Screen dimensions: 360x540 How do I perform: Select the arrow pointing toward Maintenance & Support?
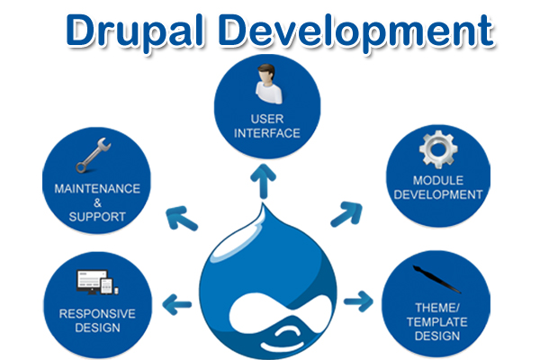click(x=180, y=219)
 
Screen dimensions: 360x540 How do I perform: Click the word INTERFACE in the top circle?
click(x=267, y=133)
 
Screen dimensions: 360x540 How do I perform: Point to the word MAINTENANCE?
click(x=97, y=189)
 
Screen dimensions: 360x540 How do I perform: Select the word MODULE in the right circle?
click(x=436, y=180)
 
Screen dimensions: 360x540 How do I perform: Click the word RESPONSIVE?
click(x=97, y=313)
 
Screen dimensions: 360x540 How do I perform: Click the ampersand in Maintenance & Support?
click(x=96, y=203)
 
